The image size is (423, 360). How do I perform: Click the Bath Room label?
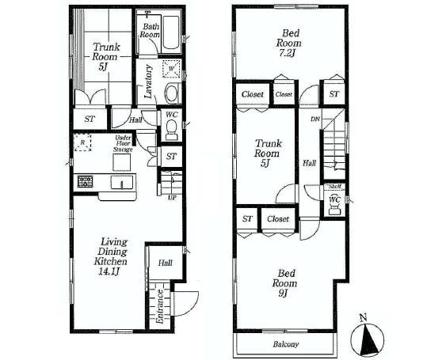coord(150,30)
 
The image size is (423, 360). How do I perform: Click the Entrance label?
coord(159,306)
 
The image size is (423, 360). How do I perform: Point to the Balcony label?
coord(288,344)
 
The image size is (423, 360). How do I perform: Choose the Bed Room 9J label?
coord(285,282)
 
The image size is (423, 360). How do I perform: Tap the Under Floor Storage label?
coord(122,143)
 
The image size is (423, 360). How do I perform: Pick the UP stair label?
coord(171,197)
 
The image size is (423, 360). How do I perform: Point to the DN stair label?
coord(314,119)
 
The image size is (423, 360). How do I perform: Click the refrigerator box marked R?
coord(82,142)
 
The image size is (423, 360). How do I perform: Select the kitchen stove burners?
coord(85,182)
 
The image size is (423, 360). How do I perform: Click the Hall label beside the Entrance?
coord(165,263)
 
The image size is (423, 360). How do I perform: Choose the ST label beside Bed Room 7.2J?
coord(333,94)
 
